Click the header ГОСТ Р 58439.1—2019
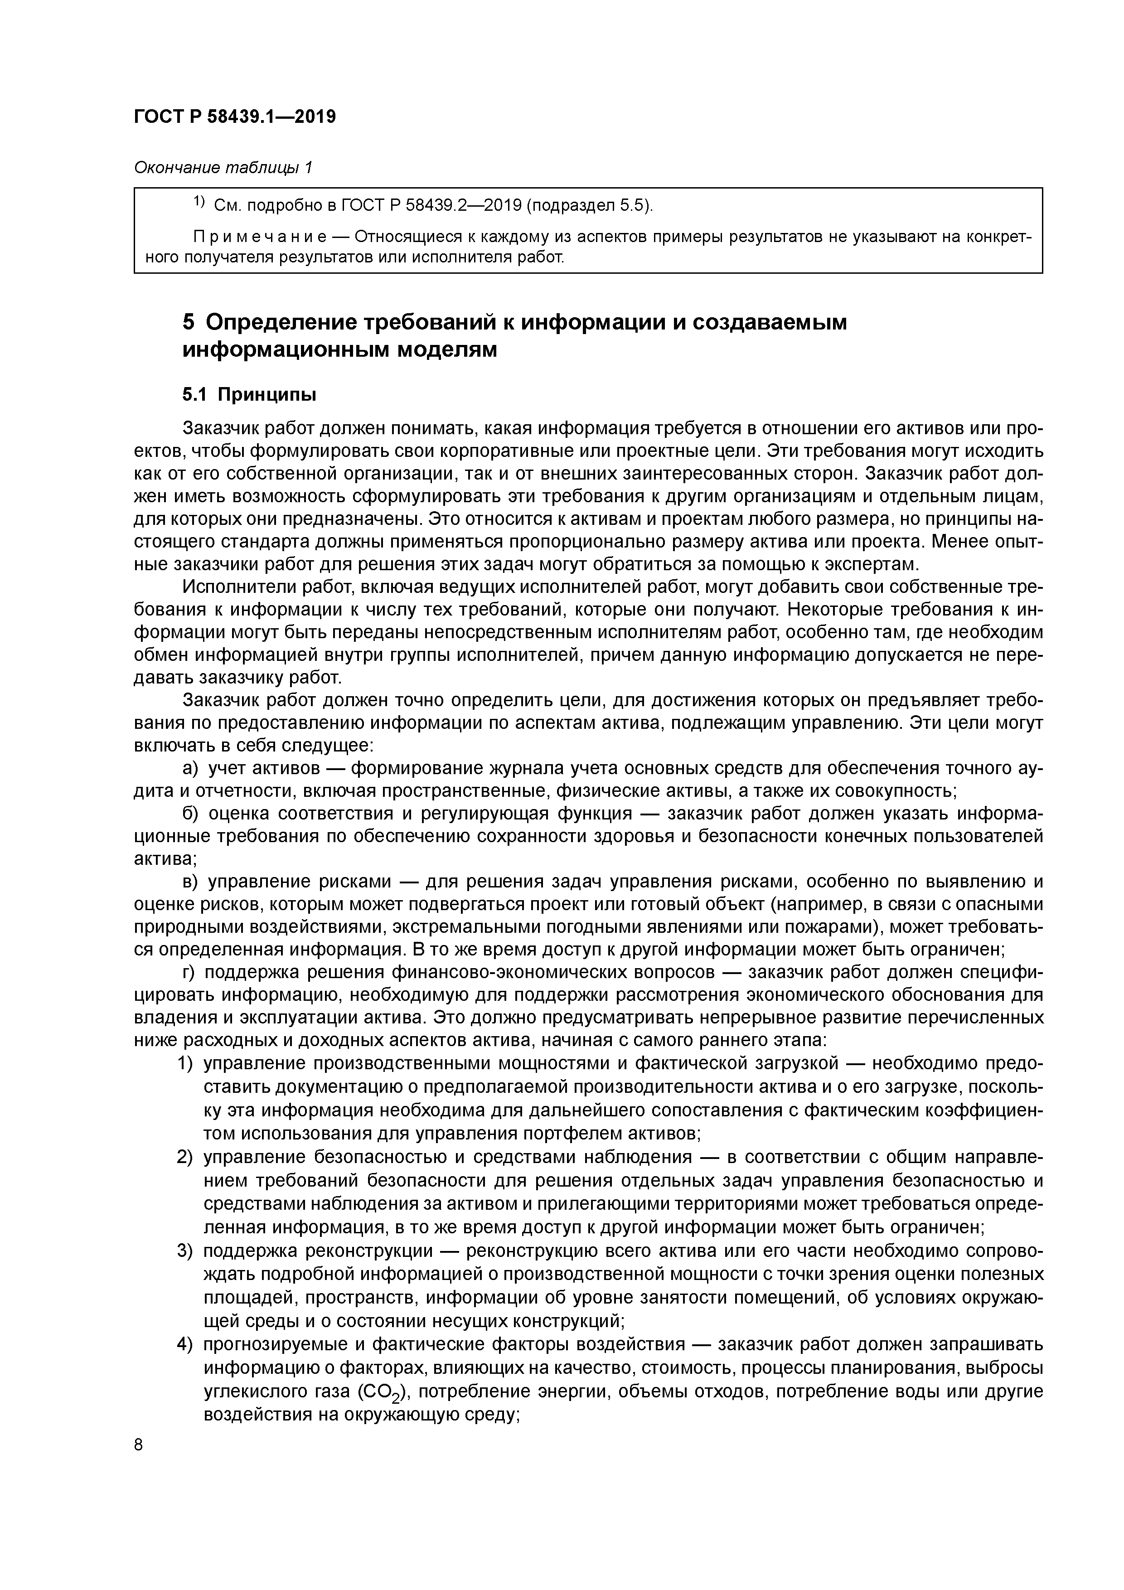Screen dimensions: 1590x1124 [234, 116]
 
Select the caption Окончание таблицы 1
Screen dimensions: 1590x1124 [223, 168]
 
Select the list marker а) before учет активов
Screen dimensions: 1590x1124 [190, 768]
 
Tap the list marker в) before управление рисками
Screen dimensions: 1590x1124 [190, 882]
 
